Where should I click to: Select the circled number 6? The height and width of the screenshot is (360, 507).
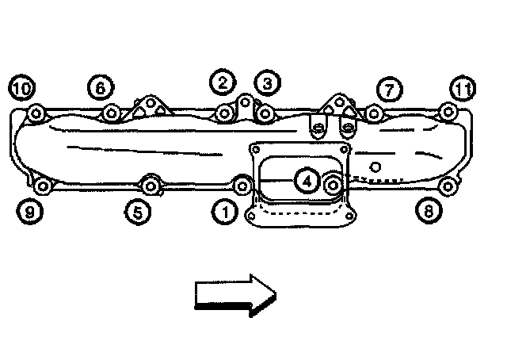pos(100,88)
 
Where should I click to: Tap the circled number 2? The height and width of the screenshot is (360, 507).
pos(222,81)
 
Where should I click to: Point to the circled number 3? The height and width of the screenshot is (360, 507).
pos(266,82)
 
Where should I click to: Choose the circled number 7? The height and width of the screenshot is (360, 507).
pos(387,90)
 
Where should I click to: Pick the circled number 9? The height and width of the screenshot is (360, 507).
pos(30,212)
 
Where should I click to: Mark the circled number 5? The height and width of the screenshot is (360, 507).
pos(137,212)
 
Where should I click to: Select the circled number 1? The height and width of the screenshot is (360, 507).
pos(226,212)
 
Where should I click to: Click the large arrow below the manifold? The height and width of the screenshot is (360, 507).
pos(234,295)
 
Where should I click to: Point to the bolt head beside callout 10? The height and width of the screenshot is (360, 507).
pos(36,114)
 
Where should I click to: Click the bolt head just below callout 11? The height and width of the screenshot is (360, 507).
pos(448,112)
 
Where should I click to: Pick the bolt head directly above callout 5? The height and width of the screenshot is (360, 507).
pos(151,186)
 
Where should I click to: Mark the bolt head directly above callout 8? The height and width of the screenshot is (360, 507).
pos(448,187)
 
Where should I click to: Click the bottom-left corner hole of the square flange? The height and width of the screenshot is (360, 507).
pos(252,215)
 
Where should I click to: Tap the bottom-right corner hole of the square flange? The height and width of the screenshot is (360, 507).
pos(345,214)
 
